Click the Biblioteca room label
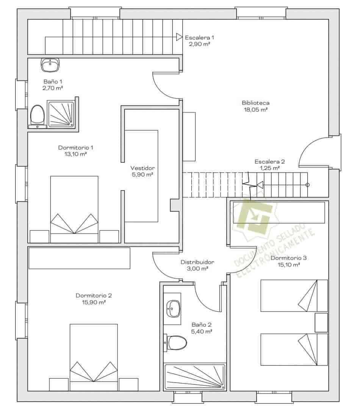click(255, 103)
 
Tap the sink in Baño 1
click(50, 65)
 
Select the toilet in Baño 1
click(37, 115)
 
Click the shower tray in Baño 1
click(61, 114)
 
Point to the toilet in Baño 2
click(176, 343)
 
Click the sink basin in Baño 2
click(174, 309)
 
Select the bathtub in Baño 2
click(195, 377)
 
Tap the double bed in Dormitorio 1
click(74, 209)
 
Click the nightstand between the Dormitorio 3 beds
click(321, 323)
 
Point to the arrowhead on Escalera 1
click(179, 37)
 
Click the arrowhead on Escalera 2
click(260, 185)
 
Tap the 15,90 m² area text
click(94, 302)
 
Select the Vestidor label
click(142, 168)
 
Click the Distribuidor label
click(197, 262)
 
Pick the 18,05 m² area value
click(255, 110)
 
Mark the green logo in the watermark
click(254, 215)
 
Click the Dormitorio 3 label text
click(288, 258)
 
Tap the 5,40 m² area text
click(202, 332)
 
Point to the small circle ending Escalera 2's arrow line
click(307, 185)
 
